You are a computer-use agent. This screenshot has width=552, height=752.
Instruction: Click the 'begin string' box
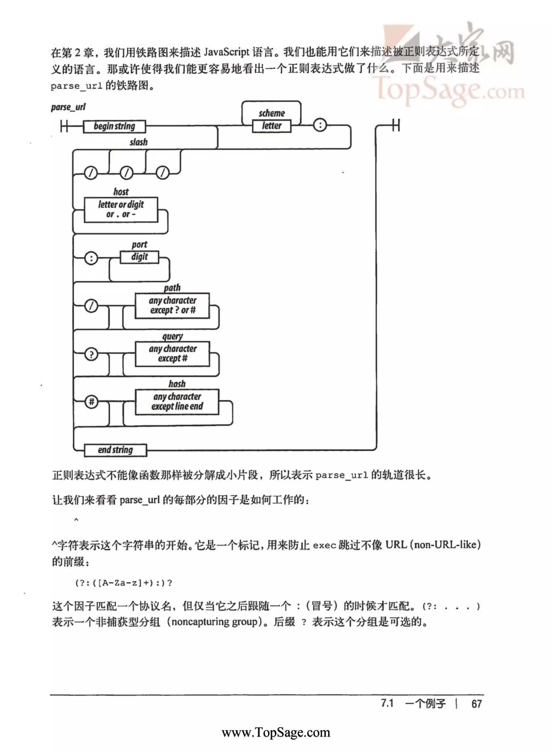point(114,127)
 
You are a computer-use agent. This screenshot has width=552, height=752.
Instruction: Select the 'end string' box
point(115,450)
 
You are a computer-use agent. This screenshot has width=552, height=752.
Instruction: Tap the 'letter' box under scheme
point(272,126)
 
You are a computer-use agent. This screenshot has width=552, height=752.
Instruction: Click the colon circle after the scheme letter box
point(320,125)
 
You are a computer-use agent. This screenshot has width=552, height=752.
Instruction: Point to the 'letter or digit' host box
point(121,209)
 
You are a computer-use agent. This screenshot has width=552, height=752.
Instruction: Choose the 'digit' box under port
point(139,257)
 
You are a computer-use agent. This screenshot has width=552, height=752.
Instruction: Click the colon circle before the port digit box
point(91,258)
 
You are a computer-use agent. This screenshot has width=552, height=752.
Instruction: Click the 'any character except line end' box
point(177,402)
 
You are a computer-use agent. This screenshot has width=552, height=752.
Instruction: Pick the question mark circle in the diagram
point(91,354)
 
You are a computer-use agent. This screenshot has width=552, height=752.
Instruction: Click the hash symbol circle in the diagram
point(91,402)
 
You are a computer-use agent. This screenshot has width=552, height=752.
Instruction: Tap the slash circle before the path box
point(91,306)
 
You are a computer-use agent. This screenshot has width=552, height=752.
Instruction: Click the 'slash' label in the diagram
point(138,142)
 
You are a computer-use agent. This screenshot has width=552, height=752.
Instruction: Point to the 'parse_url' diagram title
point(68,107)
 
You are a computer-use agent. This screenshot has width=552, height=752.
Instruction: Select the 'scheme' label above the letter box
point(272,113)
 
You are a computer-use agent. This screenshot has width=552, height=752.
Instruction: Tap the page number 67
point(476,704)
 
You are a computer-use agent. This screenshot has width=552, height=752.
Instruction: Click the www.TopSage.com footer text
point(276,732)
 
